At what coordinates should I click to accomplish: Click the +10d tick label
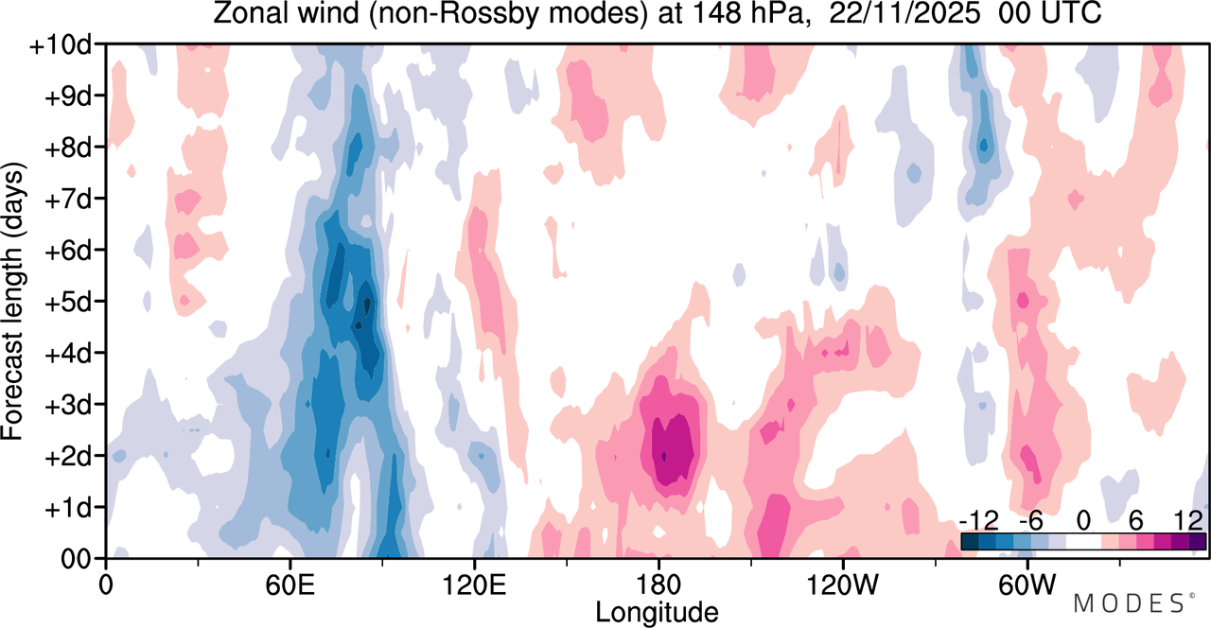60,46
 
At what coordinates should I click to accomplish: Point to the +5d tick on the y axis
100,302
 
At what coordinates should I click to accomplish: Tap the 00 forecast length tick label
75,559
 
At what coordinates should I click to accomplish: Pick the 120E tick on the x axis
474,564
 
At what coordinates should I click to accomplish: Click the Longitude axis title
657,612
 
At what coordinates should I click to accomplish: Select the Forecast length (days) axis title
13,302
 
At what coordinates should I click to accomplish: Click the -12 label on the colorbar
979,521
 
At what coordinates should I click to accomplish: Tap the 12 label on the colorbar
1188,521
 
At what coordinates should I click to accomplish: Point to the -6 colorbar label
1030,521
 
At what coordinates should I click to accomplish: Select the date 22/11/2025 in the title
904,13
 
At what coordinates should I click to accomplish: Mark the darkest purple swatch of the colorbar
1197,542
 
